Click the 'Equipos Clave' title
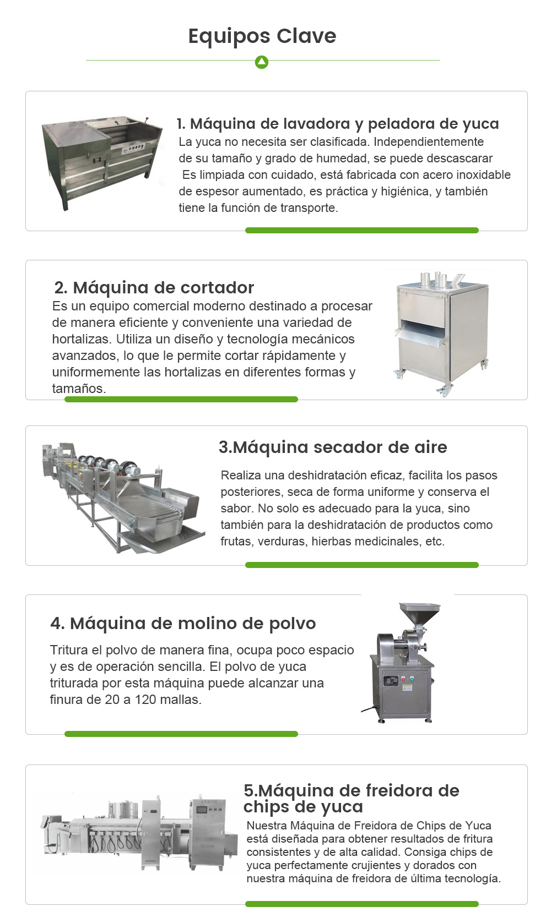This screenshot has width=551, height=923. click(x=262, y=36)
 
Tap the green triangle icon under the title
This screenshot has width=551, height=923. click(x=262, y=62)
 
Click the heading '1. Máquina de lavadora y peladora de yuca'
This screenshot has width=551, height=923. click(x=338, y=124)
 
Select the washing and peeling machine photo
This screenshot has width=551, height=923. click(x=102, y=163)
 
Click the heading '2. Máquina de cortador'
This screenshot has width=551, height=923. click(x=154, y=288)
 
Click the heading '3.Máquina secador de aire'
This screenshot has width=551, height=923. click(x=333, y=447)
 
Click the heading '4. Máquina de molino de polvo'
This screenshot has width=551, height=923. click(x=183, y=624)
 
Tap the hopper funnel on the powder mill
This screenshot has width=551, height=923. click(x=419, y=614)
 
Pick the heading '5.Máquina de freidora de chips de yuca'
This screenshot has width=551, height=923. click(x=352, y=798)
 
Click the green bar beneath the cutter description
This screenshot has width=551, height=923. click(x=181, y=399)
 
